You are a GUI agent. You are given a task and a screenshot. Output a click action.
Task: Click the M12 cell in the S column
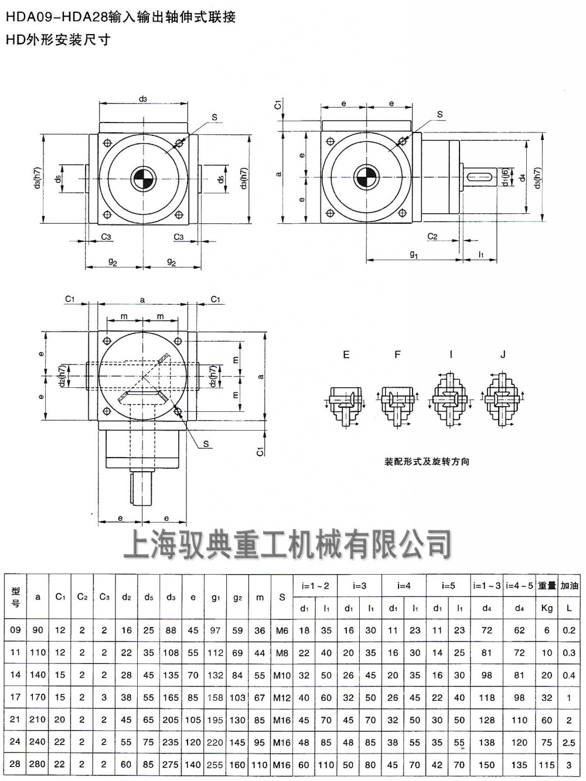pos(282,698)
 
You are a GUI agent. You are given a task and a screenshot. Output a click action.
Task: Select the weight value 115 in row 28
pos(547,765)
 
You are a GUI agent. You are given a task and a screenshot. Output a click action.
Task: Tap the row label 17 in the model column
pos(16,697)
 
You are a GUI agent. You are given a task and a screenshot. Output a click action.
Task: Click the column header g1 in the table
pos(216,598)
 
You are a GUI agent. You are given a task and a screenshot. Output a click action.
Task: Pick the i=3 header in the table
pos(360,585)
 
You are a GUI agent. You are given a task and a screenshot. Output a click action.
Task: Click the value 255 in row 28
pos(216,765)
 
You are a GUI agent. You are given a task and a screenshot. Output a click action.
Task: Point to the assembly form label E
pos(346,354)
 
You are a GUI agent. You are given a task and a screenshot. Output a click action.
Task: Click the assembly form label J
pos(503,354)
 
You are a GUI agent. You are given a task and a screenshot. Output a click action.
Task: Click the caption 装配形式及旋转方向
pos(427,462)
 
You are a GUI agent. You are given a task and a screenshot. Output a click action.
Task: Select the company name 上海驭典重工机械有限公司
pos(287,544)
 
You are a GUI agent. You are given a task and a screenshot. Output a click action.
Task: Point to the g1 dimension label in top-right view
pos(414,254)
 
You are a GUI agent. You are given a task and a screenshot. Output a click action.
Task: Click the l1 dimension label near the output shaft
pos(481,254)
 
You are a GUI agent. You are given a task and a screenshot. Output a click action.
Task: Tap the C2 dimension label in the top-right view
pos(432,236)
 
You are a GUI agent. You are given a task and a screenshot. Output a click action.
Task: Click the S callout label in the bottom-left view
pos(206,444)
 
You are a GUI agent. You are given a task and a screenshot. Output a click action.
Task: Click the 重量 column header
pos(547,585)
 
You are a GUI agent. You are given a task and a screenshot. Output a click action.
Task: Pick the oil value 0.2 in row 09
pos(568,630)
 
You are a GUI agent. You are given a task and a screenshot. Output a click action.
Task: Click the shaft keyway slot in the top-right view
pos(479,175)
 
